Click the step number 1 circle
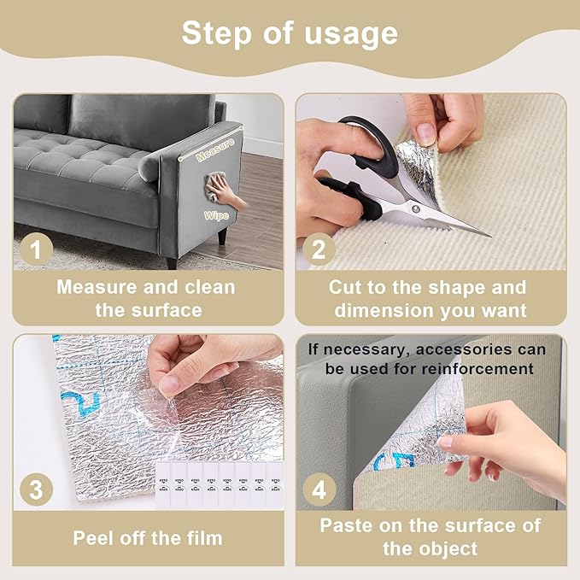[37, 249]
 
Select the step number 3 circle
[37, 490]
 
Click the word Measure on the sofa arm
[215, 156]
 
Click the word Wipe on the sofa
[214, 216]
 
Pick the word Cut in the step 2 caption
[346, 287]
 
